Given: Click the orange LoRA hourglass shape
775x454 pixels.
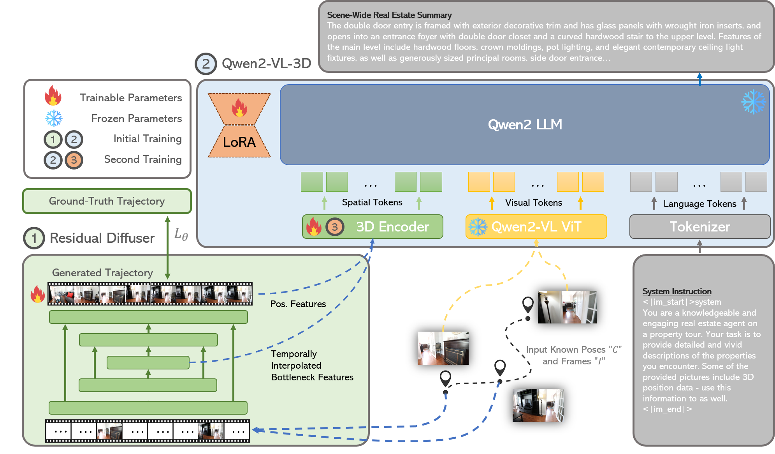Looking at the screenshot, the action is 239,125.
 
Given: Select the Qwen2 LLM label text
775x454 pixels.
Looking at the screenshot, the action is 525,125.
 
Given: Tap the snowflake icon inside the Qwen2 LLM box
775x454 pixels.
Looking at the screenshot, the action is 753,102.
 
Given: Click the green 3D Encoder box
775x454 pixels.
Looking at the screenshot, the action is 373,227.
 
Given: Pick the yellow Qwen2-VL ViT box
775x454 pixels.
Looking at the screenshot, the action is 536,227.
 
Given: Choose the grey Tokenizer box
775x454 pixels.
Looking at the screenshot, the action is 699,227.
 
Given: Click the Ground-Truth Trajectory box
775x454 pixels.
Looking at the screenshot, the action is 107,201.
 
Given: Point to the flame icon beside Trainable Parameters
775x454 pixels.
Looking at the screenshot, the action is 53,96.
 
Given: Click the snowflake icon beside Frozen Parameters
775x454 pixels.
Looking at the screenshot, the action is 54,118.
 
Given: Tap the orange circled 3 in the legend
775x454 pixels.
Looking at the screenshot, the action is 74,160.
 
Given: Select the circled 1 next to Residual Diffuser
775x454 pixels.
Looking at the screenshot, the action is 34,238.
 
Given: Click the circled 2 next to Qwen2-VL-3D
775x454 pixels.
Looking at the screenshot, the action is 206,64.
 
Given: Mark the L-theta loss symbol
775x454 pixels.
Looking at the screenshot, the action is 181,234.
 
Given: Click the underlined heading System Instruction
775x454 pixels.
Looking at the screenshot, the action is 677,291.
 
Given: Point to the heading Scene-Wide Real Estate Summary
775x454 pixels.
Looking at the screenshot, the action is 389,15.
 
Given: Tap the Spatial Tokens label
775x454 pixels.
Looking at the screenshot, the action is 372,202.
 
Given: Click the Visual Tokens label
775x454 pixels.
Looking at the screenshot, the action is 534,203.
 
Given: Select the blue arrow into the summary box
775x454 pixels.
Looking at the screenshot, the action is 699,79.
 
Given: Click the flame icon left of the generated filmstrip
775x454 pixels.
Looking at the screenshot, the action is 38,294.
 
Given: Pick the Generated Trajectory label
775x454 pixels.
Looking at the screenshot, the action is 102,273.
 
